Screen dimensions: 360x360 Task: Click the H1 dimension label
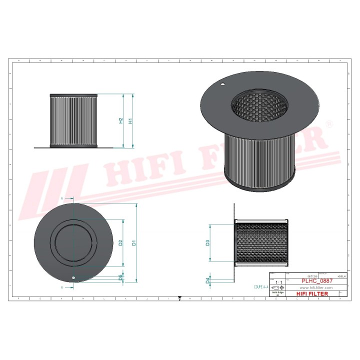tap(130, 120)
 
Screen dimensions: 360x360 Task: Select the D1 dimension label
tap(133, 243)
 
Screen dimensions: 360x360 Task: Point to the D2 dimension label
tap(121, 243)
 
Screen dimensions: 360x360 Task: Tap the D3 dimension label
tap(207, 243)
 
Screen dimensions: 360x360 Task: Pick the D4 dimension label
tap(207, 280)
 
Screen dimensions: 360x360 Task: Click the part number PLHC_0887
tap(316, 281)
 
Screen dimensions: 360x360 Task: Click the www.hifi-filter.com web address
tap(316, 288)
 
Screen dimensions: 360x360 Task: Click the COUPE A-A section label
tap(258, 287)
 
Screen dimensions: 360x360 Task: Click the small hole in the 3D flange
tap(223, 84)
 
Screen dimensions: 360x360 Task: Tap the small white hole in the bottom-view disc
tap(73, 278)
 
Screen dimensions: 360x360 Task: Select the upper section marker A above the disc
tap(61, 198)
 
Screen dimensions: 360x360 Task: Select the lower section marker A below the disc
tap(61, 288)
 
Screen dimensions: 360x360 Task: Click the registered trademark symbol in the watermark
tap(329, 123)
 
